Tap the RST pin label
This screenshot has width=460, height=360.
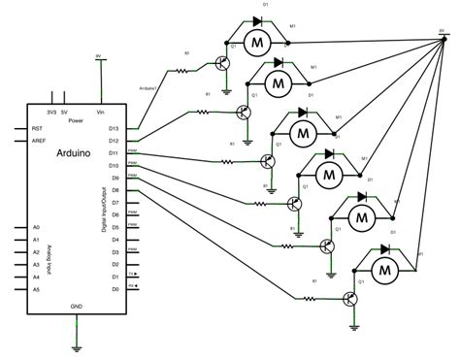[38, 128]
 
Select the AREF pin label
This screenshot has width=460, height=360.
[40, 140]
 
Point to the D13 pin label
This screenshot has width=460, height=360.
[113, 128]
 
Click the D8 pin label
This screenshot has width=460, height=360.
[114, 191]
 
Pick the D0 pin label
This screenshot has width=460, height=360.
[114, 289]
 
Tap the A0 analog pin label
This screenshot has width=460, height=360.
[36, 227]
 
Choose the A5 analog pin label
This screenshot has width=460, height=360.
[36, 289]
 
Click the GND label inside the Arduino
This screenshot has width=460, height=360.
[76, 306]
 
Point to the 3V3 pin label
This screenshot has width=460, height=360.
[50, 112]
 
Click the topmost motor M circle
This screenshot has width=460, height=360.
[257, 42]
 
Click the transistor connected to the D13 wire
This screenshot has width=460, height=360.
[224, 62]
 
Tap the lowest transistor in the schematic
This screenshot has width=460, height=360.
[350, 298]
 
